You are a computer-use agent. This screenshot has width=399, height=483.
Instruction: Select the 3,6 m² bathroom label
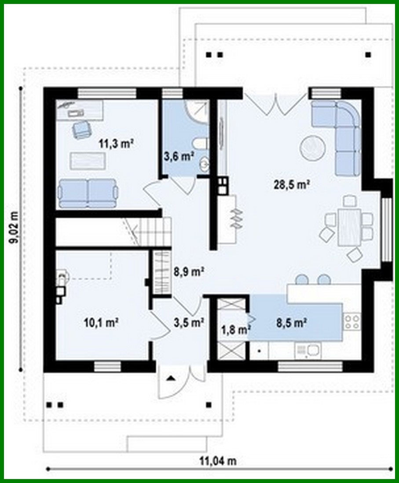(x=179, y=157)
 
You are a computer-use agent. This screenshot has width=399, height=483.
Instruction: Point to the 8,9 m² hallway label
(x=188, y=272)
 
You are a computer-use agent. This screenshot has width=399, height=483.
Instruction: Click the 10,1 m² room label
(x=102, y=323)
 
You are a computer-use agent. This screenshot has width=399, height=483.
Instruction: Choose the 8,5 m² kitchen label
(x=291, y=323)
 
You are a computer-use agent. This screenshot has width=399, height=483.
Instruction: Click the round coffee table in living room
(x=313, y=147)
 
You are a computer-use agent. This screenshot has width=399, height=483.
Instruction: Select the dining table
(x=349, y=227)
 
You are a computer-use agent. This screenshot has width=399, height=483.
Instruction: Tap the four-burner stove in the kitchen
(x=352, y=322)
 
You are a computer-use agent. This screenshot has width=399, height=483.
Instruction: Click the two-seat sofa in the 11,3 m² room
(x=88, y=193)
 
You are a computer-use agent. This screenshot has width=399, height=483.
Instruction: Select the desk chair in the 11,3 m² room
(x=81, y=129)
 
